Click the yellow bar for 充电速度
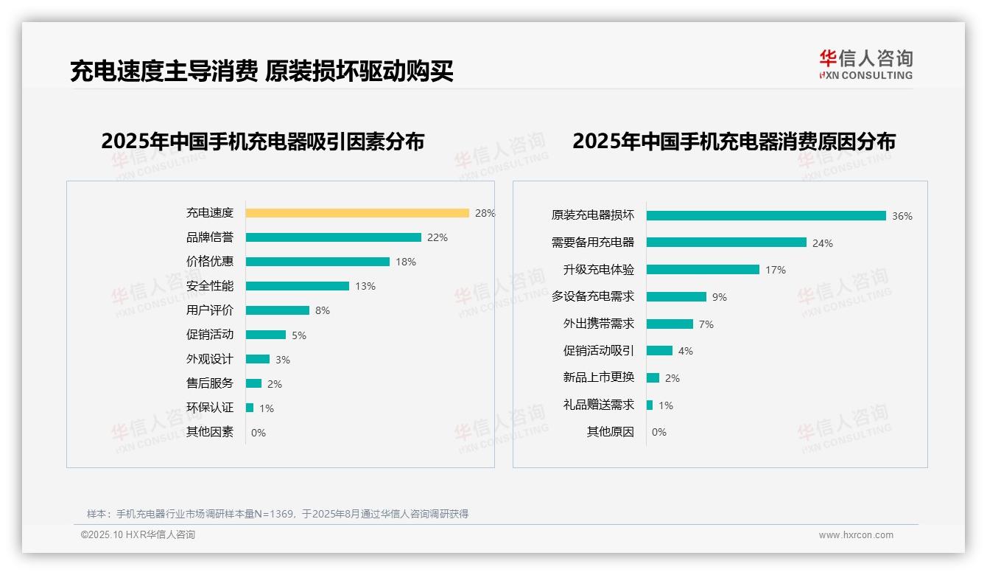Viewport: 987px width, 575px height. click(357, 213)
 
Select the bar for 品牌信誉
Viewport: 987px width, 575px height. click(333, 237)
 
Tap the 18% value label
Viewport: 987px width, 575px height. click(406, 262)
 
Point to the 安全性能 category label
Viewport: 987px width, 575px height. click(210, 285)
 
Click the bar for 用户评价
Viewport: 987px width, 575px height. click(278, 310)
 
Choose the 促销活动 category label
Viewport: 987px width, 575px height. click(210, 334)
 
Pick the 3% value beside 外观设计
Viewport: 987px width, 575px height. click(283, 360)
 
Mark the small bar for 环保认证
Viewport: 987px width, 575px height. click(250, 408)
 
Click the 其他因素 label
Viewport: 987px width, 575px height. click(210, 432)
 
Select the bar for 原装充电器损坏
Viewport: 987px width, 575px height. click(766, 215)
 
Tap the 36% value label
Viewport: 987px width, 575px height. click(902, 216)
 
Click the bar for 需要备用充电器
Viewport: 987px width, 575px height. click(726, 243)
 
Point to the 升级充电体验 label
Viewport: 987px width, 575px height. click(599, 269)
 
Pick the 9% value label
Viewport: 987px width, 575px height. click(720, 297)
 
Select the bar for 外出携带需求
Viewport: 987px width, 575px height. click(670, 324)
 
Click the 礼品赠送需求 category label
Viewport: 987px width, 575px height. click(599, 405)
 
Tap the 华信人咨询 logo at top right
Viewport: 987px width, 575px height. click(866, 65)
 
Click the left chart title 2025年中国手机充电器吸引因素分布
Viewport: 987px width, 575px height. click(263, 141)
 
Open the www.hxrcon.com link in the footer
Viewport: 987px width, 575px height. click(856, 535)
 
